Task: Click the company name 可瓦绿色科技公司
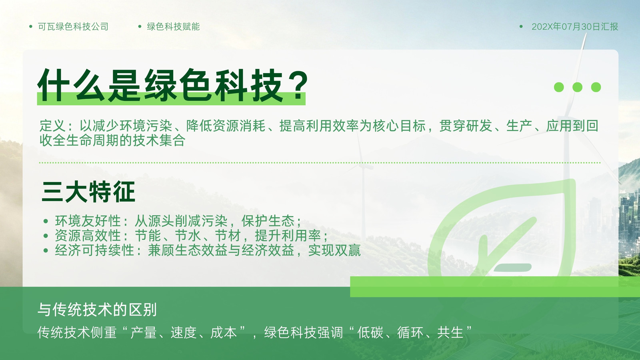pos(73,26)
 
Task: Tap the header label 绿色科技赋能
pos(174,26)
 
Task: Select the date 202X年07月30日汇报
pos(575,26)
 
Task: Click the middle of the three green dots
pos(578,87)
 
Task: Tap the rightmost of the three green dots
pos(596,87)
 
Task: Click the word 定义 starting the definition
pos(52,126)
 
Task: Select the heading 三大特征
pos(88,192)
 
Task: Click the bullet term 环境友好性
pos(88,221)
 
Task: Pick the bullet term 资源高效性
pos(88,236)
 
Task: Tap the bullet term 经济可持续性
pos(94,250)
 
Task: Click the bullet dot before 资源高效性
pos(46,236)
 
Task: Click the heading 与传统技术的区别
pos(98,310)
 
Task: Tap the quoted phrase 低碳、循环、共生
pos(410,332)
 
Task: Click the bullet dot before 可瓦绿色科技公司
pos(31,26)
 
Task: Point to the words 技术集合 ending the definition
pos(159,140)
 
